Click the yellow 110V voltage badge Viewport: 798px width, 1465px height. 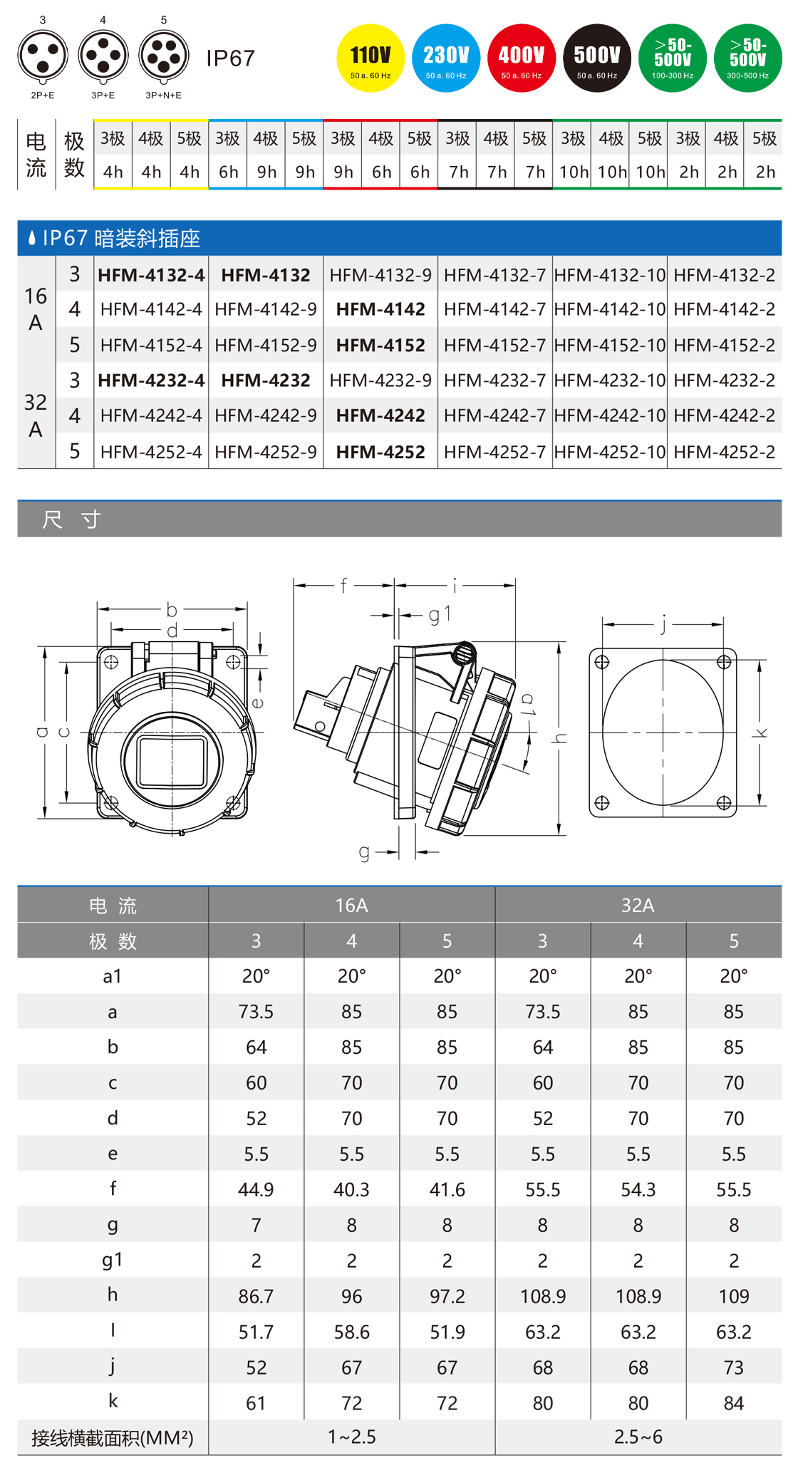[x=370, y=58]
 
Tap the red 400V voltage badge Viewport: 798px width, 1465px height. [x=522, y=58]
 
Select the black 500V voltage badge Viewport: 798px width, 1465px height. [x=597, y=58]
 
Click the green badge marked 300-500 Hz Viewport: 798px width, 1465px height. [x=747, y=58]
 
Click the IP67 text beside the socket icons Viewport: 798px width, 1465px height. [x=230, y=58]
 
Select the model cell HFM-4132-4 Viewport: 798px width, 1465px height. [x=151, y=275]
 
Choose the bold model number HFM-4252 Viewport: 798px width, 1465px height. [x=380, y=452]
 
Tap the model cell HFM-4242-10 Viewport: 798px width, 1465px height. [x=610, y=415]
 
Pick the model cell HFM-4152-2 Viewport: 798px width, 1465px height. [x=724, y=345]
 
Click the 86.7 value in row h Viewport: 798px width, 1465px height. [x=256, y=1296]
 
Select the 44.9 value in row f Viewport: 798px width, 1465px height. [x=256, y=1189]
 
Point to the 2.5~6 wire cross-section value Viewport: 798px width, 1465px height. [x=638, y=1437]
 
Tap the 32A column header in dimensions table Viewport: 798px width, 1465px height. [x=638, y=905]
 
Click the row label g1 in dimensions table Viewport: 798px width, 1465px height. [x=113, y=1260]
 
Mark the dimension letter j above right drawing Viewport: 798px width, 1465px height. [x=663, y=624]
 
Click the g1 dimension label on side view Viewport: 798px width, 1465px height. [x=440, y=614]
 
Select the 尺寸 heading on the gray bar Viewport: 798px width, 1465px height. [x=71, y=519]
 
